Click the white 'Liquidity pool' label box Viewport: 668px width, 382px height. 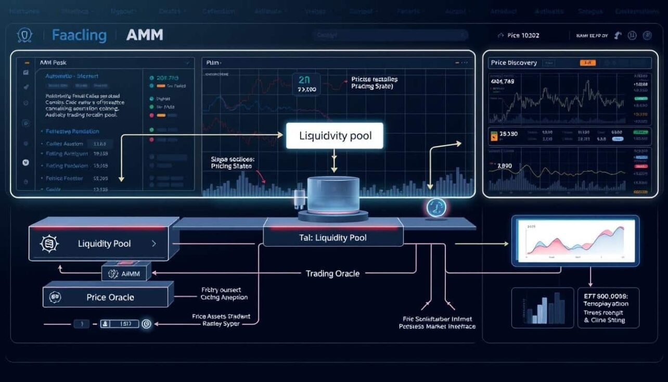click(x=335, y=136)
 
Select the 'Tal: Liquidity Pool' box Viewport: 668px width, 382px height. click(x=333, y=238)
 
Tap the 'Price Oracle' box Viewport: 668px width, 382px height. click(x=110, y=298)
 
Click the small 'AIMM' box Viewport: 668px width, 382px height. click(x=126, y=273)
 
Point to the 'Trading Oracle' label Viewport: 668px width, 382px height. click(x=332, y=273)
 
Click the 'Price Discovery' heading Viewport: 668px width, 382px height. click(x=513, y=63)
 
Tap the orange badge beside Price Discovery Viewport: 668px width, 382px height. click(x=587, y=63)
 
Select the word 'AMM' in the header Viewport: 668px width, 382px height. click(x=145, y=35)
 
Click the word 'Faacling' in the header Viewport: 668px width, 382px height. click(x=79, y=35)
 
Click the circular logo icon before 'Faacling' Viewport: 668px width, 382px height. click(x=25, y=35)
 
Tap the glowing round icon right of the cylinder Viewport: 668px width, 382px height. click(x=436, y=207)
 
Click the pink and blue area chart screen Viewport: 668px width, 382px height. click(x=575, y=240)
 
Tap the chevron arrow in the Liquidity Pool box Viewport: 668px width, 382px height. click(x=153, y=243)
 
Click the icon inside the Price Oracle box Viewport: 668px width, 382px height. click(x=55, y=298)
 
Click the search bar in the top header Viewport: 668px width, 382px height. click(x=390, y=35)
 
